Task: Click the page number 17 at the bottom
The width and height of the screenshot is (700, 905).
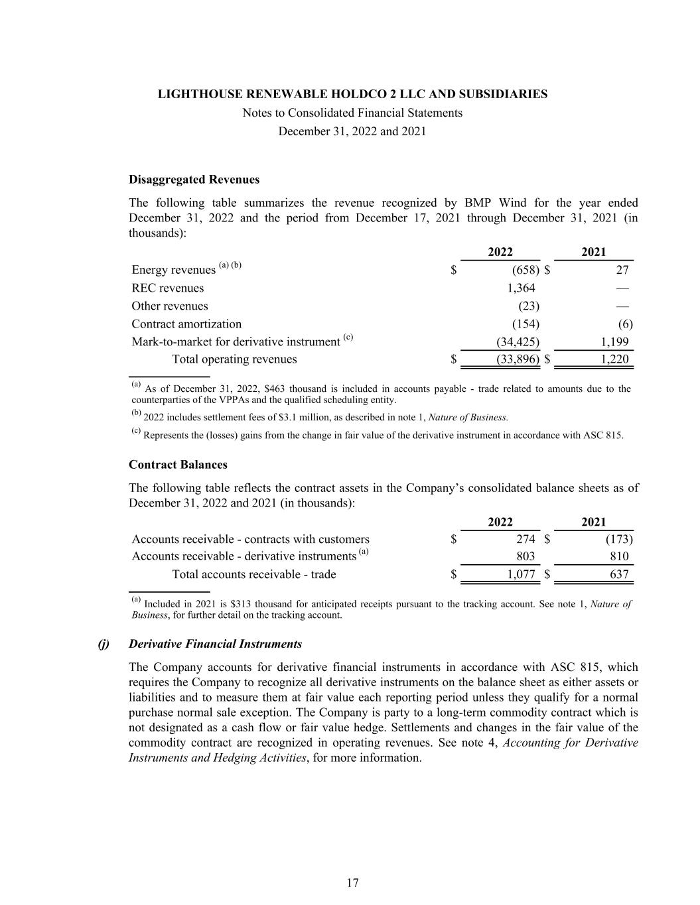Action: (352, 882)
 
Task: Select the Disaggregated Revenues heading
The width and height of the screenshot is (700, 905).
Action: (194, 180)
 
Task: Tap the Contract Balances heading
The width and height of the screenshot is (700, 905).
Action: (178, 465)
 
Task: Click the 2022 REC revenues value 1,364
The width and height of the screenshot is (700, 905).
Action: (521, 288)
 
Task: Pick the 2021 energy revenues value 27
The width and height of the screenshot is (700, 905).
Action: (622, 270)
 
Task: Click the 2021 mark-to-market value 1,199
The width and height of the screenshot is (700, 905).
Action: (614, 342)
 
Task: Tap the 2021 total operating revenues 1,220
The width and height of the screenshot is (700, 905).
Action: (614, 359)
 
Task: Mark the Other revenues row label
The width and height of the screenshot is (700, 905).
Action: (170, 306)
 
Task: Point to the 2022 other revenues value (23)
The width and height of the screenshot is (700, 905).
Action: (528, 306)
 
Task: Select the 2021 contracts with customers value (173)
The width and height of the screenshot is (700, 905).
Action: (618, 539)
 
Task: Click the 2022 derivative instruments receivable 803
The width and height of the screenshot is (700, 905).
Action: (525, 557)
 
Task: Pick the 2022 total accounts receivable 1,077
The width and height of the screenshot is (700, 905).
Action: (521, 574)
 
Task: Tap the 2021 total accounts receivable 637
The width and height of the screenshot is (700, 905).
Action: (618, 574)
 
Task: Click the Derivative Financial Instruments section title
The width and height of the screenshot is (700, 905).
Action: (215, 644)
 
